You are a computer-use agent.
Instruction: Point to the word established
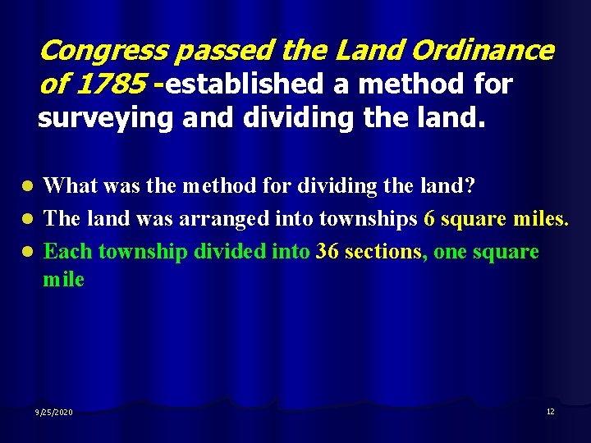(236, 84)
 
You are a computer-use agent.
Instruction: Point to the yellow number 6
(429, 219)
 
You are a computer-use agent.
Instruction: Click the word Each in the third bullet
(67, 251)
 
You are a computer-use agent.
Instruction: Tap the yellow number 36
(328, 251)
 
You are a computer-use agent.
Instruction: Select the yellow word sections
(383, 251)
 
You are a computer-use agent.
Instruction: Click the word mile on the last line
(63, 279)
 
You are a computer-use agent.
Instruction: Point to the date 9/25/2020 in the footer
(54, 412)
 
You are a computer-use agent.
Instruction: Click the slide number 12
(550, 411)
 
